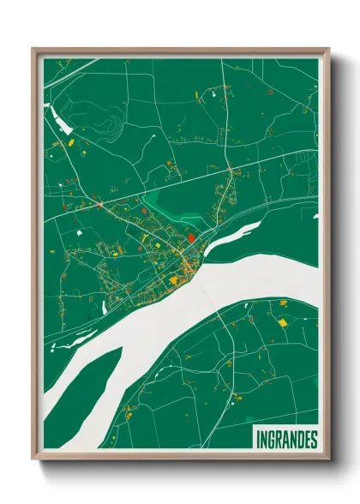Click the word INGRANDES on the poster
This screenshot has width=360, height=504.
pos(286,440)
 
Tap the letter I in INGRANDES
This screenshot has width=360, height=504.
pos(258,440)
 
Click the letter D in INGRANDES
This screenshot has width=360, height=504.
pos(301,440)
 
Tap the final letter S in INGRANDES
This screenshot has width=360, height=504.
pos(314,440)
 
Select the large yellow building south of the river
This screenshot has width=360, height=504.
pos(282,323)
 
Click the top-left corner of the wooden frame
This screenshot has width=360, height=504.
pos(33,49)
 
